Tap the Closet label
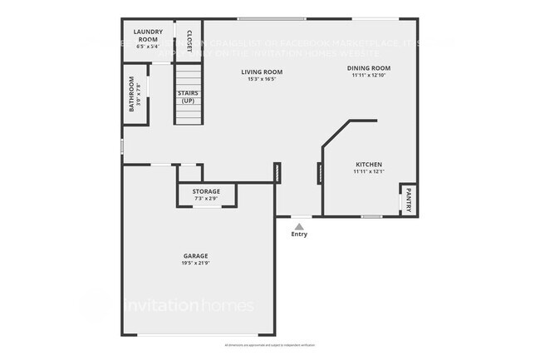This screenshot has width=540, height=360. pyautogui.click(x=189, y=40)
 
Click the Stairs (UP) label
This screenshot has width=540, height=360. pyautogui.click(x=187, y=97)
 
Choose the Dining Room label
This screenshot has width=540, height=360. pyautogui.click(x=369, y=68)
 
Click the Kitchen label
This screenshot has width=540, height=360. pyautogui.click(x=368, y=165)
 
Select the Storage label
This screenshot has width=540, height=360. pyautogui.click(x=207, y=192)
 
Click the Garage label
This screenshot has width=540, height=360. pyautogui.click(x=195, y=255)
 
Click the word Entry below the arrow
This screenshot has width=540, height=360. pyautogui.click(x=299, y=234)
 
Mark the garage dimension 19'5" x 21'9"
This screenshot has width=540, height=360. pyautogui.click(x=195, y=264)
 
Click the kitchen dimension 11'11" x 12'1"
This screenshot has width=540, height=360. pyautogui.click(x=368, y=172)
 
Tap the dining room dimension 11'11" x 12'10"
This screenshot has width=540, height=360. pyautogui.click(x=369, y=76)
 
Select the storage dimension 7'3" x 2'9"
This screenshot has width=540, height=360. pyautogui.click(x=207, y=199)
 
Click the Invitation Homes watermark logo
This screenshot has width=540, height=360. pyautogui.click(x=189, y=306)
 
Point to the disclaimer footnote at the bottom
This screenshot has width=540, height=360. pyautogui.click(x=270, y=344)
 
